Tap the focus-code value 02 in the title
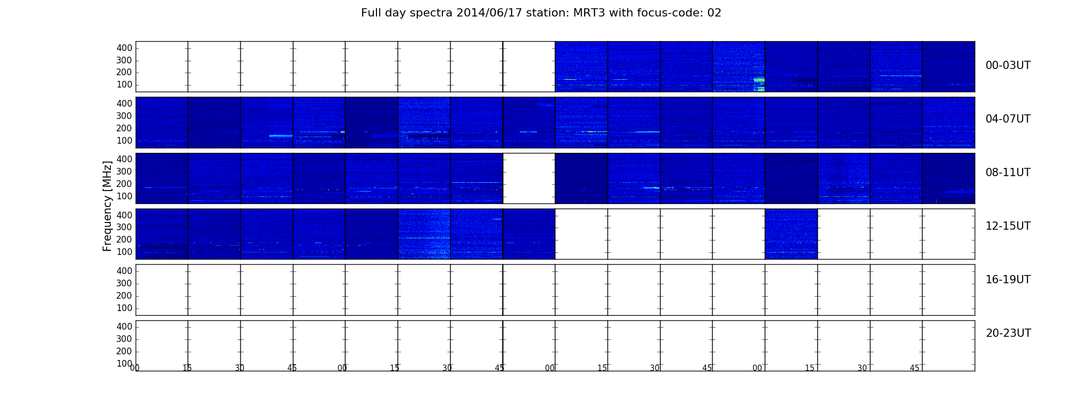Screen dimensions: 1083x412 coord(714,13)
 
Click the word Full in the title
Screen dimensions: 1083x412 coord(370,13)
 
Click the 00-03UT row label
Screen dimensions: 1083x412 coord(1008,65)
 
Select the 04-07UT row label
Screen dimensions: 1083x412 coord(1008,119)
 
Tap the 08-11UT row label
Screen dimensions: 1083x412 coord(1008,173)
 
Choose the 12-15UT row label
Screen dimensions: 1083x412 coord(1008,226)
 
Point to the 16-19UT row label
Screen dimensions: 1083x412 coord(1008,280)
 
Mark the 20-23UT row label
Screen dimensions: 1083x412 coord(1008,333)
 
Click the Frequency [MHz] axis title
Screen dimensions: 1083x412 coord(107,206)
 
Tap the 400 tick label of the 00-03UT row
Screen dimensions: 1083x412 coord(124,48)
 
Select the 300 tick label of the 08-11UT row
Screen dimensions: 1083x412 coord(124,171)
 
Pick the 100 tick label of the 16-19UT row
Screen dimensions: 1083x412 coord(124,308)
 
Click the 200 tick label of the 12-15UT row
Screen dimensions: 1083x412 coord(124,239)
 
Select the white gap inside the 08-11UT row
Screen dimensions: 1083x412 coord(529,178)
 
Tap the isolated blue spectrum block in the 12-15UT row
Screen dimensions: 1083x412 coord(791,234)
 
